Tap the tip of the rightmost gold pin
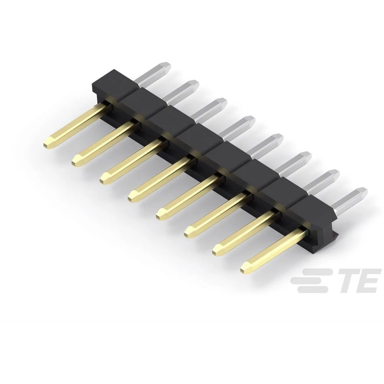(x=243, y=270)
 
